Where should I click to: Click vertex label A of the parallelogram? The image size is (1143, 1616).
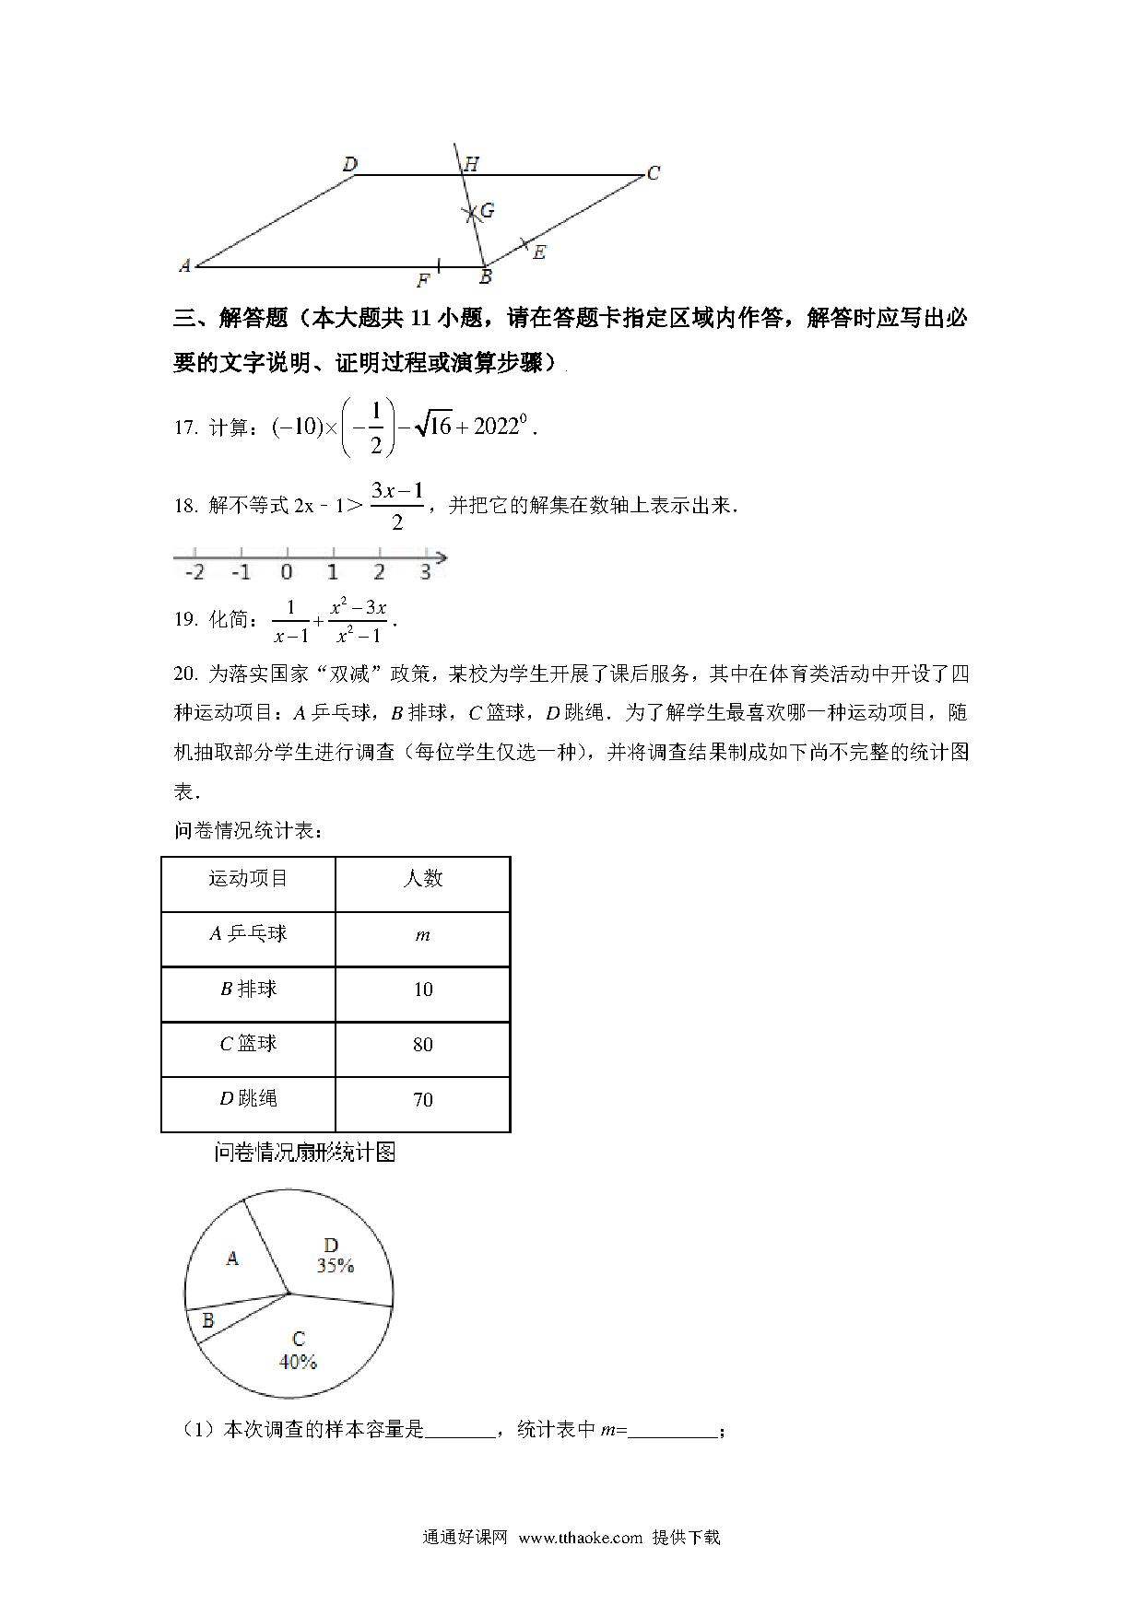tap(185, 265)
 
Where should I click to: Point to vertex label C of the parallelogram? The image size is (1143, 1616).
tap(653, 172)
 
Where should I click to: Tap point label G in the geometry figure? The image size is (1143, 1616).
tap(488, 210)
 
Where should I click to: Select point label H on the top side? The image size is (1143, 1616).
tap(471, 164)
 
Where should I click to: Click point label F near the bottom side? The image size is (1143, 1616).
tap(423, 281)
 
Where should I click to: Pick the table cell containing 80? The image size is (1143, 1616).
tap(422, 1045)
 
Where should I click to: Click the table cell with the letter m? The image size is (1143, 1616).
tap(422, 936)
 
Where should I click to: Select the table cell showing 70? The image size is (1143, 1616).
tap(422, 1100)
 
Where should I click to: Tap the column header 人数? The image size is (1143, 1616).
tap(422, 879)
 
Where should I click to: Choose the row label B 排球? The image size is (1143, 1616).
tap(248, 990)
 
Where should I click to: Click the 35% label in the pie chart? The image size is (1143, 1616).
tap(336, 1266)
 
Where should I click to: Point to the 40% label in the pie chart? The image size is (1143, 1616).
tap(298, 1362)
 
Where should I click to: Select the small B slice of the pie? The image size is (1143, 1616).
tap(208, 1321)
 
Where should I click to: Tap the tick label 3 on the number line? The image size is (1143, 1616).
tap(425, 572)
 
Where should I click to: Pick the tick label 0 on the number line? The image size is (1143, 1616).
tap(287, 572)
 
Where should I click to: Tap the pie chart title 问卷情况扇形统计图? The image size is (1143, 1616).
tap(305, 1153)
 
